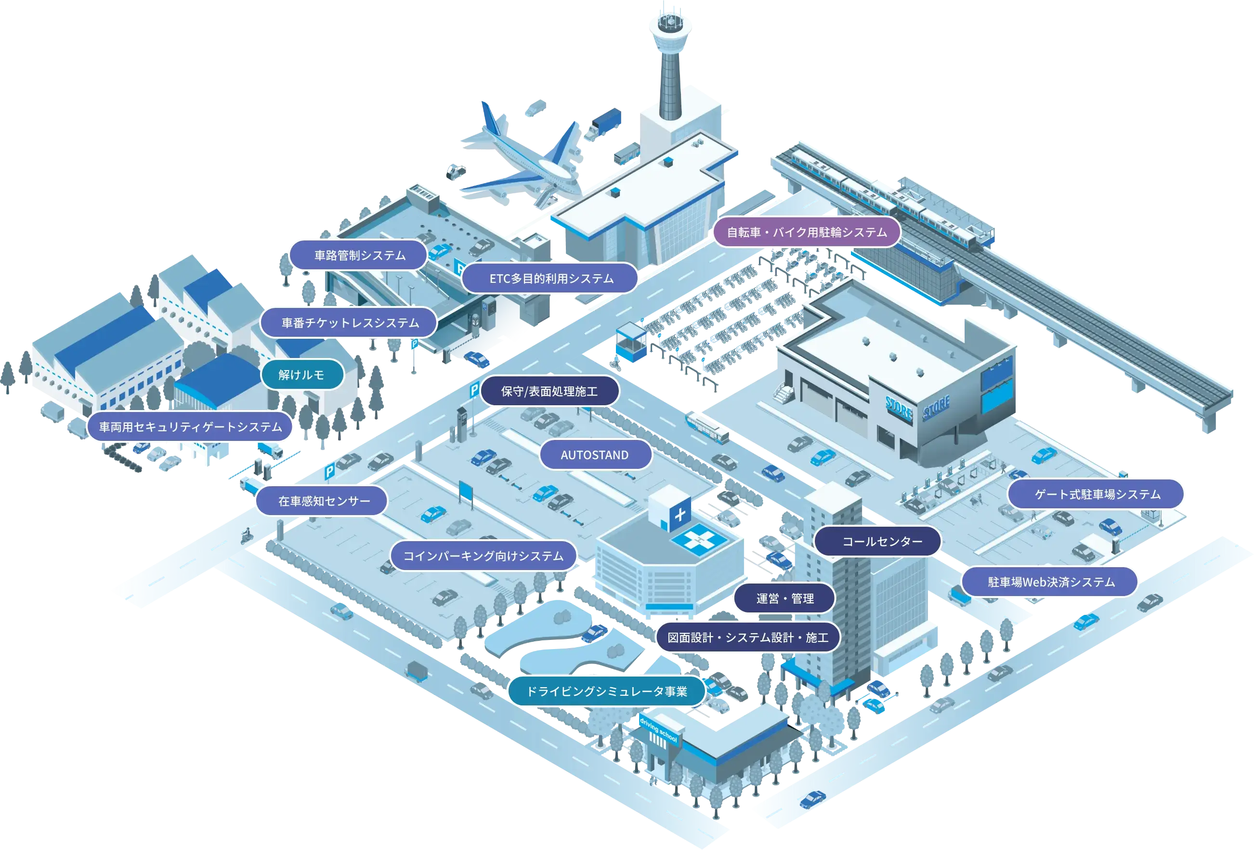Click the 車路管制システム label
[x=359, y=255]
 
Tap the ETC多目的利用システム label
[x=550, y=279]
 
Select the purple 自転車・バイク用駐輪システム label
[x=807, y=232]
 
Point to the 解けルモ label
[x=301, y=374]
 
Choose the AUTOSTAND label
[x=595, y=455]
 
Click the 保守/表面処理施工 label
[x=549, y=391]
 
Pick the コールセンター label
[x=882, y=541]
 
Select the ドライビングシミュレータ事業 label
[x=606, y=691]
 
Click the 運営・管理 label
[x=784, y=598]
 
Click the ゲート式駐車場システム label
[x=1097, y=494]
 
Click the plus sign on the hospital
[x=680, y=514]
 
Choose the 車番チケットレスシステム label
[x=350, y=322]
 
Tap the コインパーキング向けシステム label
[x=483, y=556]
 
